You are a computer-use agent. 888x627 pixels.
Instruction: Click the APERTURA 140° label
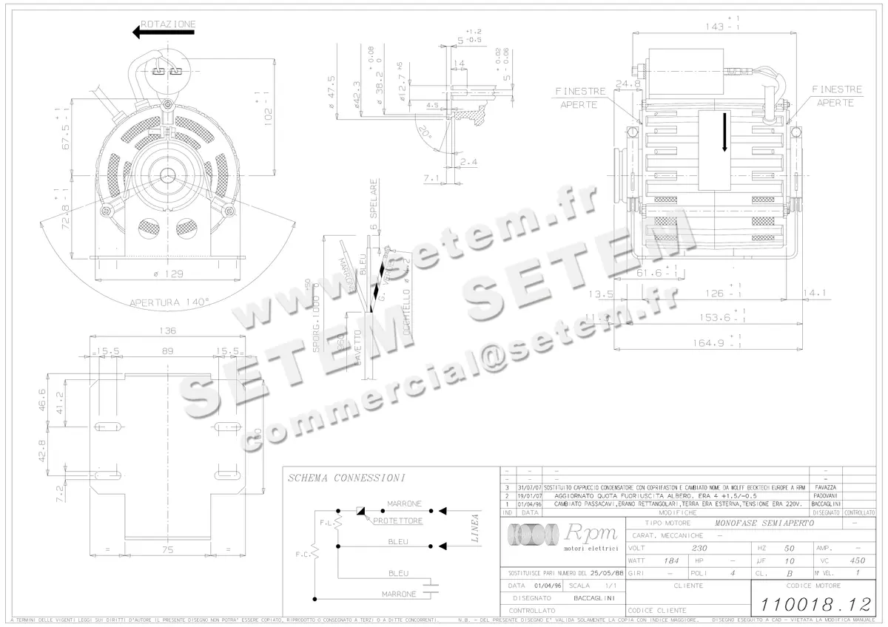pos(169,302)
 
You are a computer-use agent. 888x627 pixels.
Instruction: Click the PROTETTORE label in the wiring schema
pos(398,521)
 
